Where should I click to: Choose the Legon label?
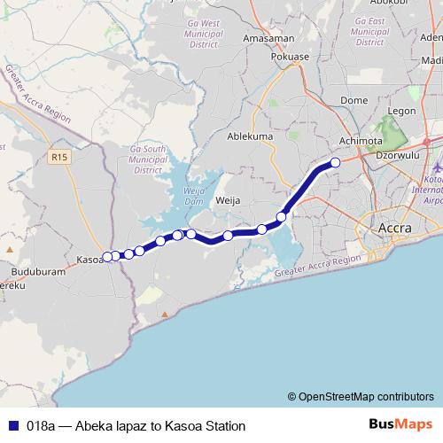(401, 111)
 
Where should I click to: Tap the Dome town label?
(354, 101)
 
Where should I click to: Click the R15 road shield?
(59, 157)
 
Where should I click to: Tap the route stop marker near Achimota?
(335, 162)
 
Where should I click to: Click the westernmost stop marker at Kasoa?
(108, 257)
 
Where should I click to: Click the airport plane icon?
(438, 167)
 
